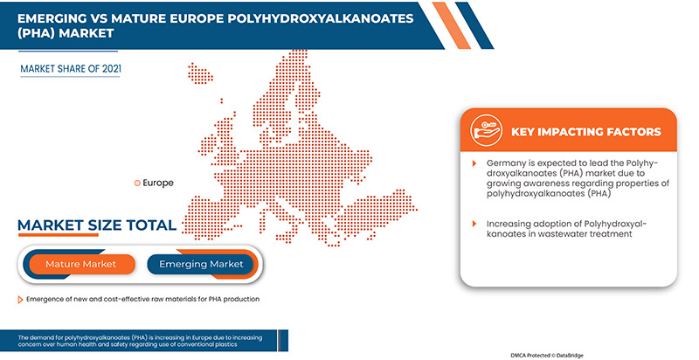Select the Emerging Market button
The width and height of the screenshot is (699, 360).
[201, 263]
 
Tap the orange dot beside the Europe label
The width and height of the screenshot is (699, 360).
[136, 183]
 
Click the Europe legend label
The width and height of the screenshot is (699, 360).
[158, 183]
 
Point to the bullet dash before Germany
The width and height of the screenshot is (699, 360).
[476, 163]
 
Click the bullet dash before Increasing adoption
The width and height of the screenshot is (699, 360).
[476, 224]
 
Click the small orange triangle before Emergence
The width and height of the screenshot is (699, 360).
[20, 300]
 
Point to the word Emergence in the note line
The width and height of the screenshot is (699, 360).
[48, 300]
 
